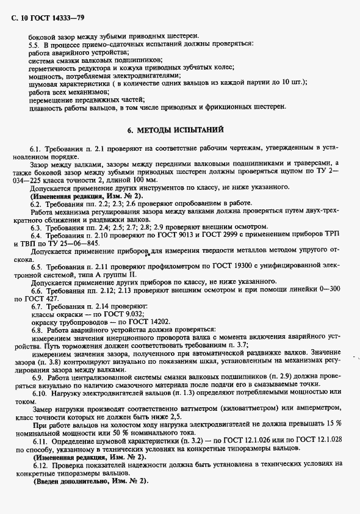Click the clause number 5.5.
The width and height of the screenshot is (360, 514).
point(35,45)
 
